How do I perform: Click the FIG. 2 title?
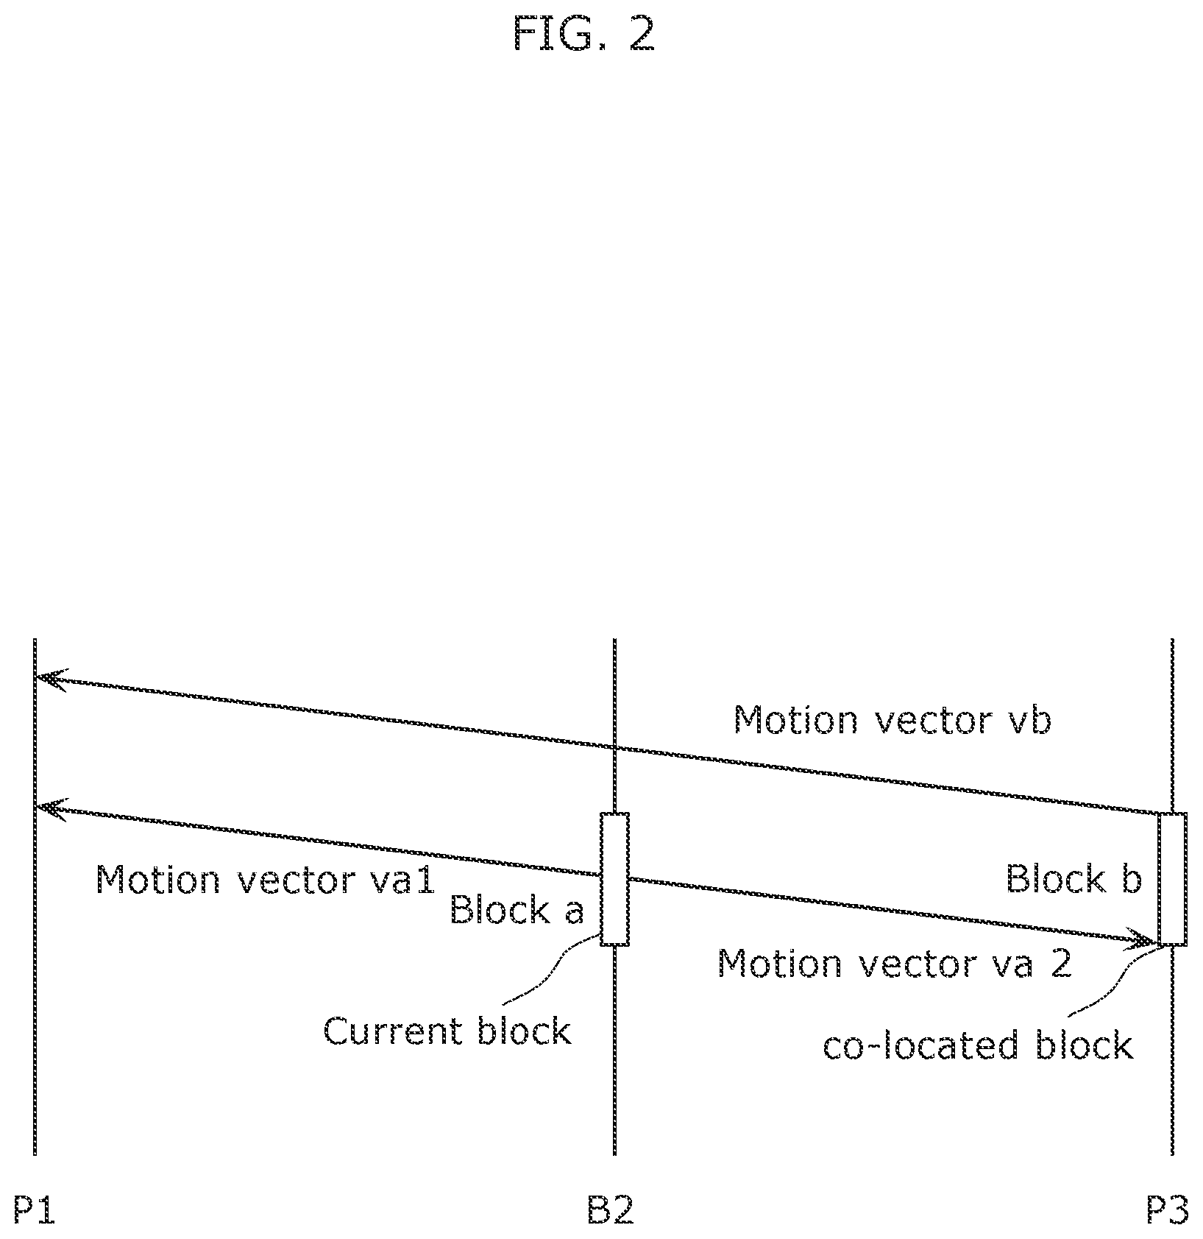(x=583, y=34)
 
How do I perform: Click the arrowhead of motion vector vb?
(x=52, y=678)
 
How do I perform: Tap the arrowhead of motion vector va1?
(x=52, y=808)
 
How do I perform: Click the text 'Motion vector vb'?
(x=893, y=720)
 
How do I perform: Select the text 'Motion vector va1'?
(x=266, y=880)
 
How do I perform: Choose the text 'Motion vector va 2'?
(x=894, y=964)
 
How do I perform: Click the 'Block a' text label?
(x=516, y=911)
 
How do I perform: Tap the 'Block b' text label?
(x=1074, y=879)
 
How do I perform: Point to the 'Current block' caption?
(x=447, y=1031)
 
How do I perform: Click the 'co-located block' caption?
(x=978, y=1045)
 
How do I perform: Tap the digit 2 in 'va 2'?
(x=1060, y=964)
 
